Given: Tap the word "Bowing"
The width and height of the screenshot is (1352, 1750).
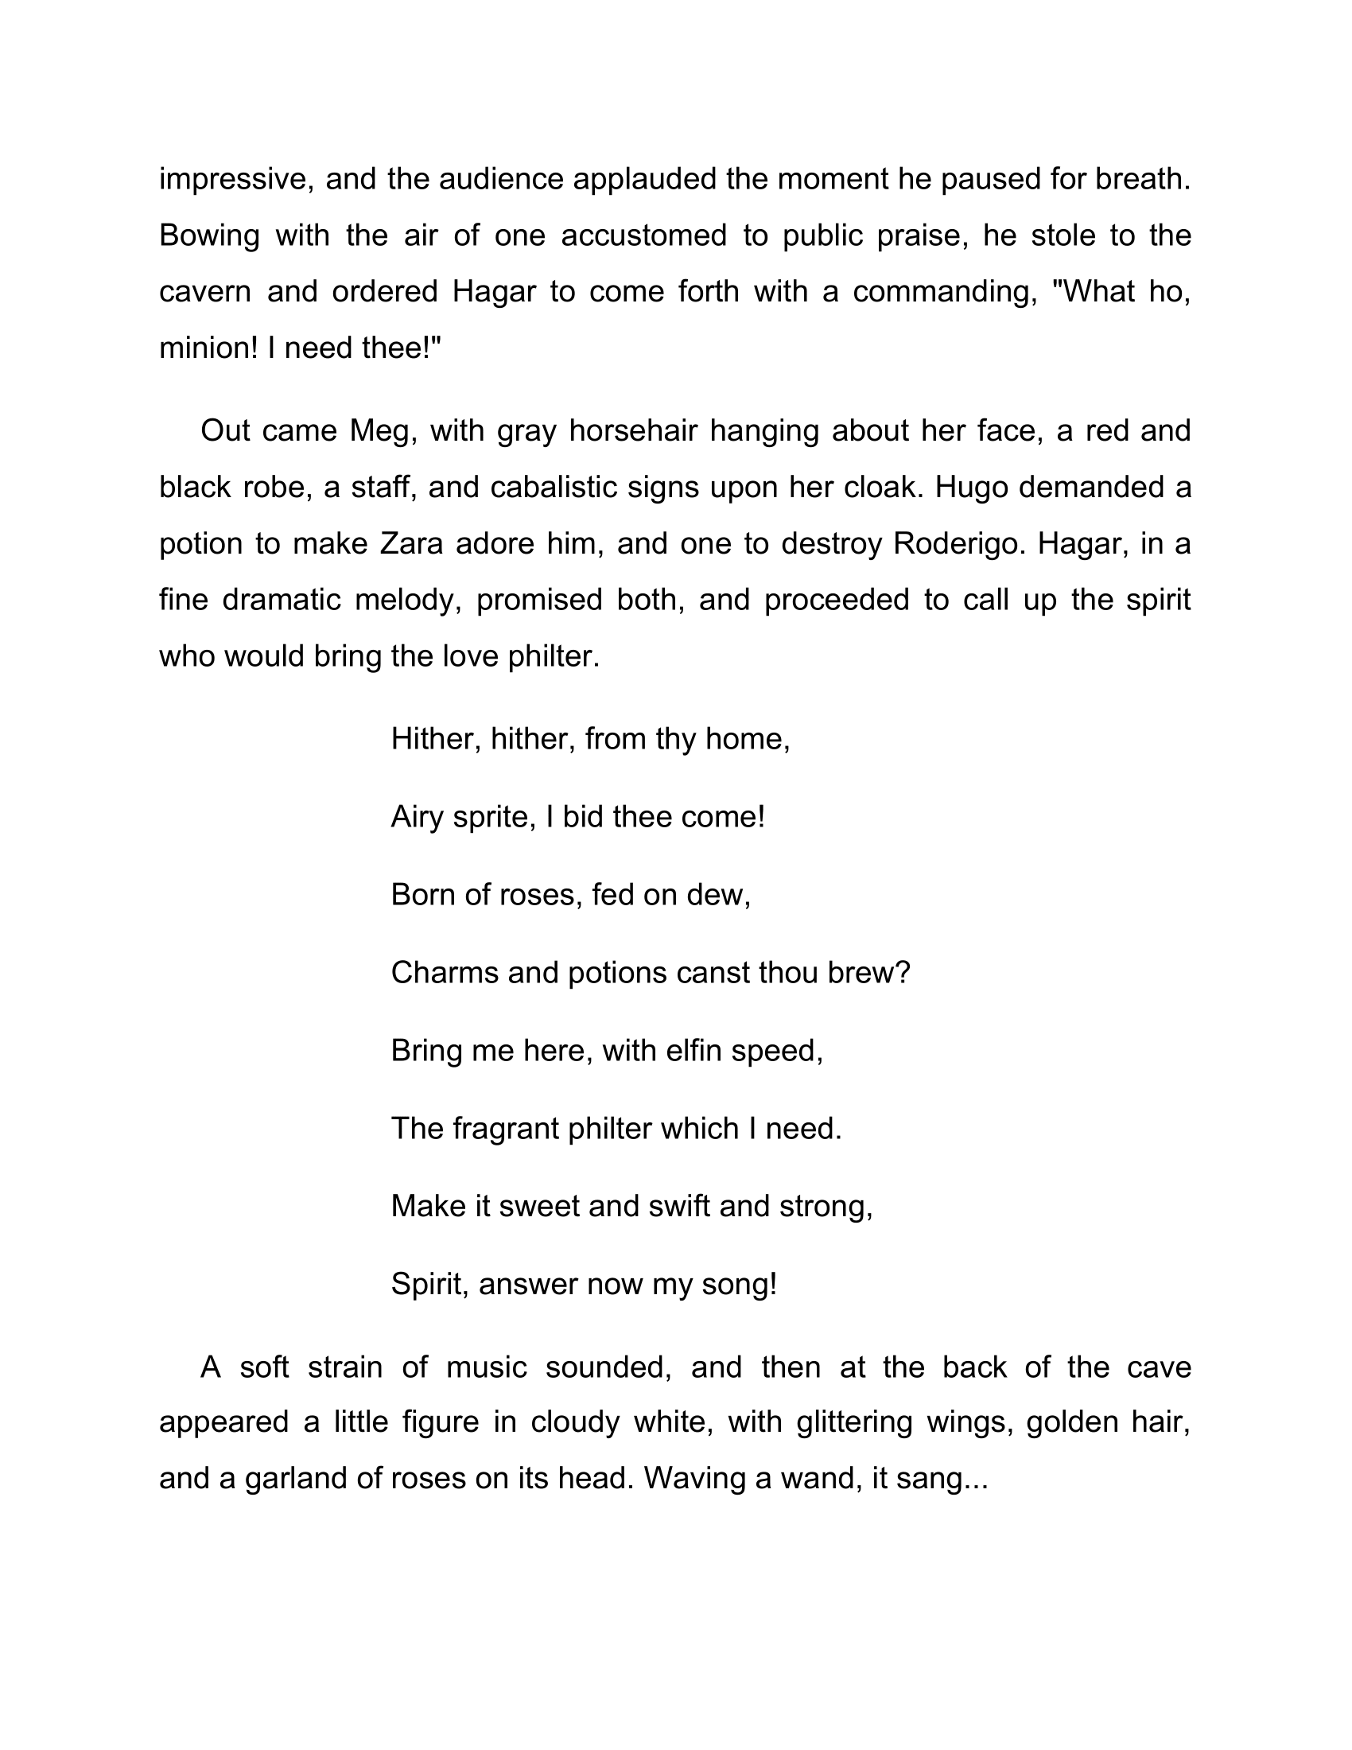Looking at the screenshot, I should pos(209,236).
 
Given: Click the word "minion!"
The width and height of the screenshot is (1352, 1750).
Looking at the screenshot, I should pos(209,348).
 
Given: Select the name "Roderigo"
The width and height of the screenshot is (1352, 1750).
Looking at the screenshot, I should pos(957,544).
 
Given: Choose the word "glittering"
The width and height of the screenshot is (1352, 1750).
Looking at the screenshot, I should pos(855,1422).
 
